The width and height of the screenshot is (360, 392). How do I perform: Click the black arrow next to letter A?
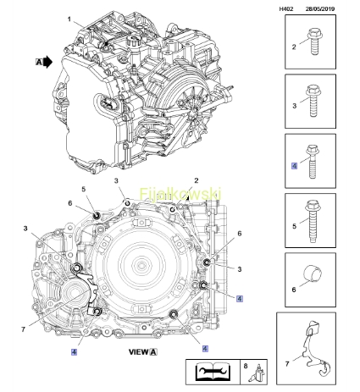click(48, 62)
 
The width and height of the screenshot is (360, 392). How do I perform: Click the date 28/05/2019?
click(320, 9)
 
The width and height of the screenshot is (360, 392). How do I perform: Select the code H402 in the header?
click(286, 9)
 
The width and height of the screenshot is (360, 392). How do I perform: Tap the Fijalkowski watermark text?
click(180, 194)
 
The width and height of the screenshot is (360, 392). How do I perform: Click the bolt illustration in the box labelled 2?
click(315, 41)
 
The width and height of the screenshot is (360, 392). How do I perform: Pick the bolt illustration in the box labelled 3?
click(314, 101)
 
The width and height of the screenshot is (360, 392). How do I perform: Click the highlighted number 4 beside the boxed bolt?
click(294, 166)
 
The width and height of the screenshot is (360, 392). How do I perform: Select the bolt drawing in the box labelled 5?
click(313, 221)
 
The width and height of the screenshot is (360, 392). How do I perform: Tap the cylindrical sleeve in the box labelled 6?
click(313, 273)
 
